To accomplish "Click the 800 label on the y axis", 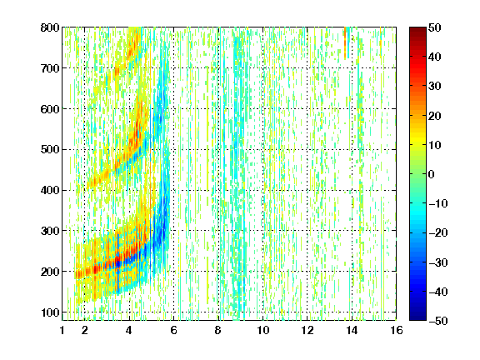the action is tap(50, 27).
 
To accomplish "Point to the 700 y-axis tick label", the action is tap(50, 68).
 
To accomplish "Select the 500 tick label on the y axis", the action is tap(50, 150).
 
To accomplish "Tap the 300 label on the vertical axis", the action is tap(50, 231).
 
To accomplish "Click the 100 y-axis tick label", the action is tap(50, 312).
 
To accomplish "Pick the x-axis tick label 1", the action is tap(62, 330).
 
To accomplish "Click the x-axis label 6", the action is tap(174, 330).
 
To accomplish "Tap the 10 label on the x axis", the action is tap(263, 330).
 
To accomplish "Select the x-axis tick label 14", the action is tap(352, 330).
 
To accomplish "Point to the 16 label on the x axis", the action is tap(397, 330).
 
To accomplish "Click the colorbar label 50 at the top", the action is tap(435, 27).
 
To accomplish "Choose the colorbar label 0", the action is tap(432, 174).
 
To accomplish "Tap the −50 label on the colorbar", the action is tap(438, 321).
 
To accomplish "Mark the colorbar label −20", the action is tap(438, 233).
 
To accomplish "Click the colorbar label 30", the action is tap(435, 87).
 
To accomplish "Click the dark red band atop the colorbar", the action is tap(417, 33).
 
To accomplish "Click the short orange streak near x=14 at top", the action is tap(345, 42).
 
